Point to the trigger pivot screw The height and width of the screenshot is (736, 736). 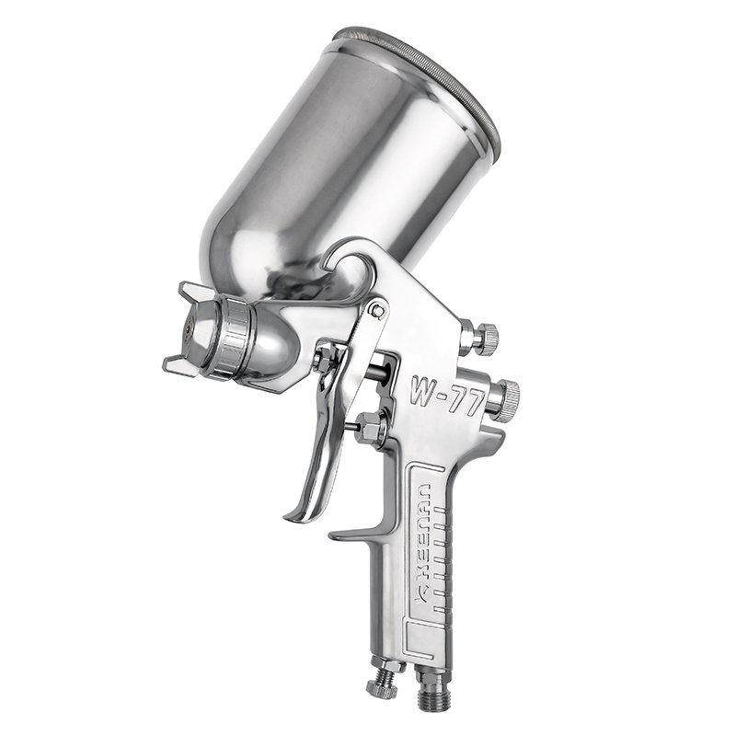375,312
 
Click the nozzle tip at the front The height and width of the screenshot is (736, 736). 188,328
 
